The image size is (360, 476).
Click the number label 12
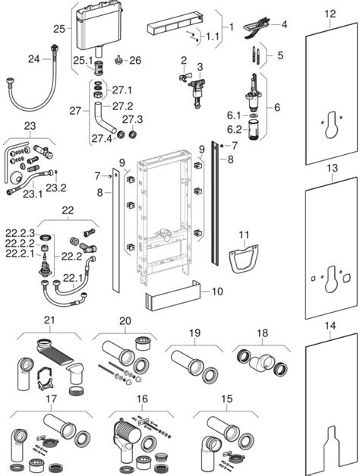pos(329,14)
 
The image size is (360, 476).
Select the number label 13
pos(329,168)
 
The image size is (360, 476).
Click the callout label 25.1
pos(82,60)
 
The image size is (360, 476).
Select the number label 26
pos(135,59)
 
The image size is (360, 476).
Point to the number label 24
pos(33,58)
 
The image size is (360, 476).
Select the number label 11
pos(243,235)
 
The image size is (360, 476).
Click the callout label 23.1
pos(33,194)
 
